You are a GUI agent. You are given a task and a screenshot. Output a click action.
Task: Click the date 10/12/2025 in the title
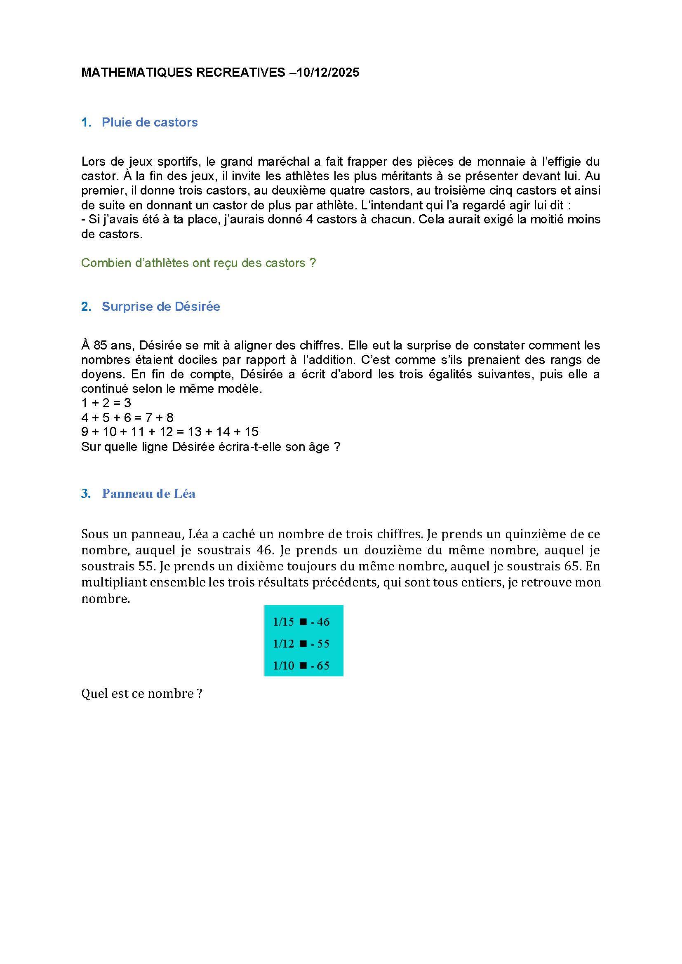(x=328, y=73)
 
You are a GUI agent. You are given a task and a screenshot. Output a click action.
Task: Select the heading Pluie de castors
(x=150, y=122)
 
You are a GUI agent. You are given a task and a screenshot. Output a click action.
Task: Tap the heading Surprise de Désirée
(x=161, y=307)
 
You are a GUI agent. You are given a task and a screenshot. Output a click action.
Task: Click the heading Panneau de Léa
(x=149, y=493)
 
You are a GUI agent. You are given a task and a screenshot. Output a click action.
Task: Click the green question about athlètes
(x=198, y=263)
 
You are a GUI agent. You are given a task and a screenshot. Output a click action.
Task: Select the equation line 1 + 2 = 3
(x=106, y=403)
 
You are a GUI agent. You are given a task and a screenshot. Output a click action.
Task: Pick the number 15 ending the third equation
(x=251, y=432)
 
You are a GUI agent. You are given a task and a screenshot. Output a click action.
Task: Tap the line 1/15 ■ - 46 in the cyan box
(x=301, y=622)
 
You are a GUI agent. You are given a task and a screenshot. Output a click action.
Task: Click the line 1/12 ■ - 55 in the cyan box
(x=301, y=644)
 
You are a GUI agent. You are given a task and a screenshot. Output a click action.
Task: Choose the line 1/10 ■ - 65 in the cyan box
(x=301, y=666)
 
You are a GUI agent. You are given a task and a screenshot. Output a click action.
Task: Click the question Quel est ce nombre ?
(x=141, y=694)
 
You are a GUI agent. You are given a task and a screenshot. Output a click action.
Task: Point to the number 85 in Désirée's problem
(x=100, y=345)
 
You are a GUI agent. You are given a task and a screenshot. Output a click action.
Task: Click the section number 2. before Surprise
(x=86, y=307)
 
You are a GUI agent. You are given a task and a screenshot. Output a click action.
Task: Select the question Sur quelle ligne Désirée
(x=210, y=447)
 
